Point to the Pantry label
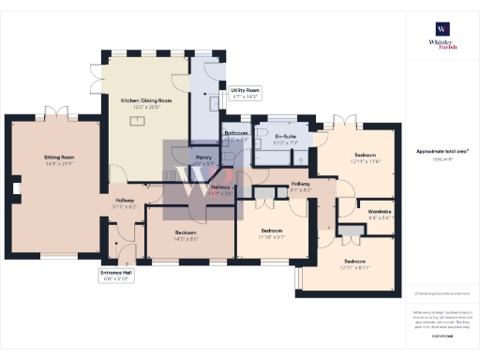pos(203,160)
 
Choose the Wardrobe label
pos(379,213)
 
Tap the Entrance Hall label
pos(116,275)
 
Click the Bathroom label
pos(235,135)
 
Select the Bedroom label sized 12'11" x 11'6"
pos(366,156)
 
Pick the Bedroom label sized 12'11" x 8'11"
pos(354,262)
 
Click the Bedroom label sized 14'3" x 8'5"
pos(186,235)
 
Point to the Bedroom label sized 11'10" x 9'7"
pos(272,232)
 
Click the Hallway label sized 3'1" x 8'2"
pos(301,185)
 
